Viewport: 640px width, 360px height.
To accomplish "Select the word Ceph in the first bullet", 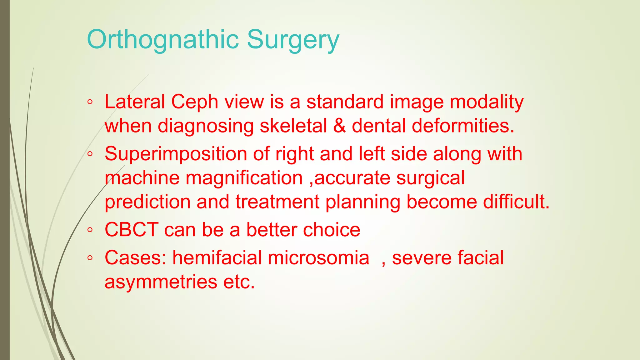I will click(194, 102).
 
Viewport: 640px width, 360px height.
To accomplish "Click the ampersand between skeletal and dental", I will click(340, 126).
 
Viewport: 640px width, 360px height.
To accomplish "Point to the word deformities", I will click(463, 126).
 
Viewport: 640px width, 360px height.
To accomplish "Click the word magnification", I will click(244, 178).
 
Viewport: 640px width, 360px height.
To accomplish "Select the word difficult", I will click(516, 202).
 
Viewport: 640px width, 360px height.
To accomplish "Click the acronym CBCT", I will click(131, 230).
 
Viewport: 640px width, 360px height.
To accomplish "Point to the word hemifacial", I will click(217, 258).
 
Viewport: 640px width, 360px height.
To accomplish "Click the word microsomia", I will click(318, 258).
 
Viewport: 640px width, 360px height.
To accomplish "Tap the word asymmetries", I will click(161, 282).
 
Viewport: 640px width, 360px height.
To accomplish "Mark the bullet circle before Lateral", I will click(90, 102).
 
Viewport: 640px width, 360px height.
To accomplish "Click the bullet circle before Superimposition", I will click(90, 154).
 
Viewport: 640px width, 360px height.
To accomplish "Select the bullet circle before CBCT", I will click(90, 230).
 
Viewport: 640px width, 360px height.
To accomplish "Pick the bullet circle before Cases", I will click(90, 258).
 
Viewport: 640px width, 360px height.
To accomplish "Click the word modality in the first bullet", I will click(487, 102).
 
